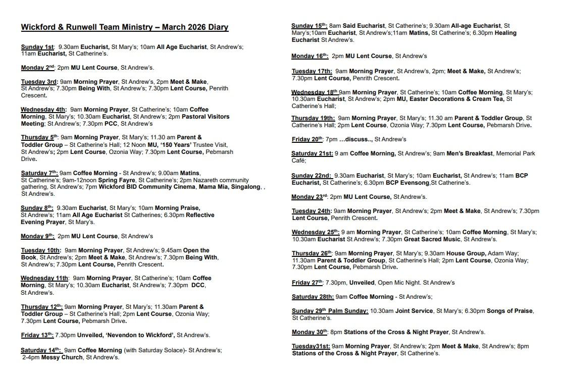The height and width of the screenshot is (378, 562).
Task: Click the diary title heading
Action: pos(125,27)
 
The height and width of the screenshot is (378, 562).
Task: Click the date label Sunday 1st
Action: pos(37,47)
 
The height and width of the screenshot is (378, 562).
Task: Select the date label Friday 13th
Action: pos(37,335)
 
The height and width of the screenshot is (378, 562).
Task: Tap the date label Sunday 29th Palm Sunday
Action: pos(330,311)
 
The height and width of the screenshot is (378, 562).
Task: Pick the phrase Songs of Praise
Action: pos(509,311)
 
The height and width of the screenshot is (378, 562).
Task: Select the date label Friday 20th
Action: pos(308,139)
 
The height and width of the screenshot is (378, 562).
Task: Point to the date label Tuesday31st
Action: pos(311,346)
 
